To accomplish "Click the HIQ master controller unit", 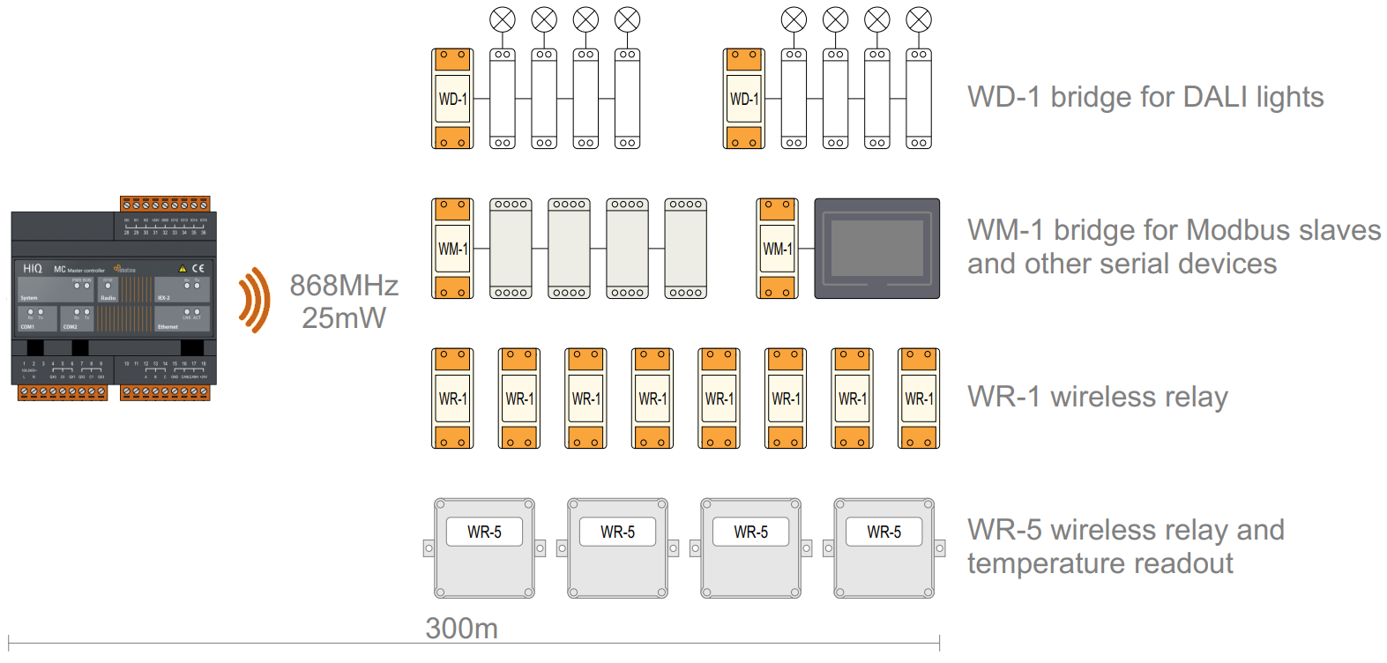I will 113,298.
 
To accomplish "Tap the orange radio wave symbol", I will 254,300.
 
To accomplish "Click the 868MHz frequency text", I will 344,285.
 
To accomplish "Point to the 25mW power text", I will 344,318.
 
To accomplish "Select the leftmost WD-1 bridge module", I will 452,99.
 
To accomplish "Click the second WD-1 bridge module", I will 743,99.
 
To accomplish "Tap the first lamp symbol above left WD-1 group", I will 503,19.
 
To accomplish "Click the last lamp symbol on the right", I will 919,19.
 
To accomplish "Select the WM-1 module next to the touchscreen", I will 777,249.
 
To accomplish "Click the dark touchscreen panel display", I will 876,249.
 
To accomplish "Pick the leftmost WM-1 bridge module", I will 452,249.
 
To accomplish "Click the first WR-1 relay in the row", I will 452,399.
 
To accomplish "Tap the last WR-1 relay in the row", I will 919,399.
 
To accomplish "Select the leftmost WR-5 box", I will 484,548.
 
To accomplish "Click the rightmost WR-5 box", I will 884,548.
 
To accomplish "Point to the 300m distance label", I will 461,629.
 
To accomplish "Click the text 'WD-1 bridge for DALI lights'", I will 1145,97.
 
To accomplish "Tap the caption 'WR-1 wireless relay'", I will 1097,397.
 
